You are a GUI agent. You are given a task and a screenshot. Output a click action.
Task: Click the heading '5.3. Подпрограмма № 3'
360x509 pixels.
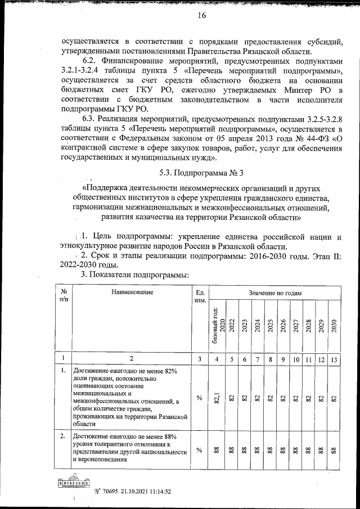click(x=201, y=172)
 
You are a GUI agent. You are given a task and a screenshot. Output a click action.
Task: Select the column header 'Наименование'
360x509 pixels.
click(x=132, y=293)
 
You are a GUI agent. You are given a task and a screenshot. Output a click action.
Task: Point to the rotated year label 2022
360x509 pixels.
click(x=231, y=327)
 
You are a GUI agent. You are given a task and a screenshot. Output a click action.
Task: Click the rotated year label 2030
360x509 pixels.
click(x=334, y=327)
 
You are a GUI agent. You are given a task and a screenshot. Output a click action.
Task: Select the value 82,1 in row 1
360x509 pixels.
click(x=217, y=398)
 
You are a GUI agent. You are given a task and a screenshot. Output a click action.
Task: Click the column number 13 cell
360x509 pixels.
click(x=334, y=358)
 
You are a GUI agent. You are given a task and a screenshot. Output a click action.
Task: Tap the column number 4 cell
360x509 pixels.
click(x=217, y=358)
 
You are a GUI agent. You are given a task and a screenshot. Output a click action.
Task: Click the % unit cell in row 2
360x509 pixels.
click(x=199, y=450)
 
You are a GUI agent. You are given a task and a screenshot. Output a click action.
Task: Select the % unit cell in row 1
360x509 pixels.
click(x=199, y=398)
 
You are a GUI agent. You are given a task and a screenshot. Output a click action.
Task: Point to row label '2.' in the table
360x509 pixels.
click(x=64, y=436)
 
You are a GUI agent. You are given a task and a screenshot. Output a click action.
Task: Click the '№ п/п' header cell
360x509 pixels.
click(x=64, y=296)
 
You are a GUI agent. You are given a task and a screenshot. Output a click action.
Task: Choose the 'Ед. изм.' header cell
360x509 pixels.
click(x=199, y=296)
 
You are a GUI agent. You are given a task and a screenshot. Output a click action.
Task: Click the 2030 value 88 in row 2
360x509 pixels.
click(x=334, y=450)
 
